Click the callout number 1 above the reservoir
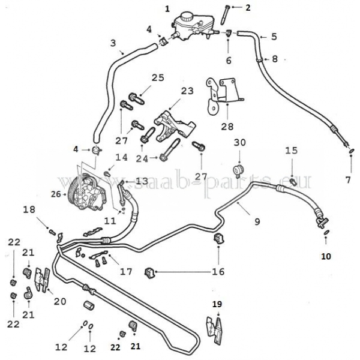167,8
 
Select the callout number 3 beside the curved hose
112,43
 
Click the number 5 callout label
273,37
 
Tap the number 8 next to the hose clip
275,59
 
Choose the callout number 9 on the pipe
257,222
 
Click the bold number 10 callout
326,256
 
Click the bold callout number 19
217,305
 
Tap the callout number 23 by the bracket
188,91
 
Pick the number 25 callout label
157,77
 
